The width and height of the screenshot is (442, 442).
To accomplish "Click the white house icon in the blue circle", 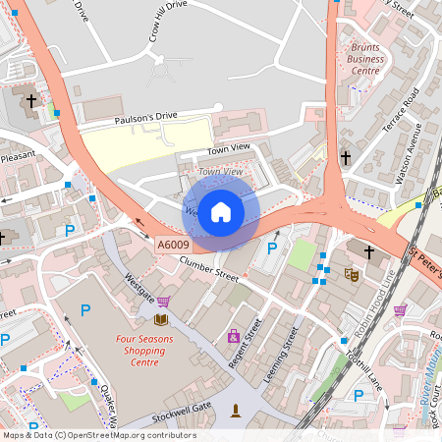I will pyautogui.click(x=221, y=211).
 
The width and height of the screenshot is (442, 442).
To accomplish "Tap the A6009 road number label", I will pyautogui.click(x=172, y=244).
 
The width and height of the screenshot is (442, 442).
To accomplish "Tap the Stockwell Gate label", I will pyautogui.click(x=188, y=406).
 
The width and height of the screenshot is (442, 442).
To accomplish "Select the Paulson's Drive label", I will pyautogui.click(x=145, y=117).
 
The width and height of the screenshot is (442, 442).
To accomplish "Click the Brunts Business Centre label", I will pyautogui.click(x=365, y=58).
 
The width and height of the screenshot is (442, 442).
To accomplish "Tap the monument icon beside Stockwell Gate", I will pyautogui.click(x=236, y=410).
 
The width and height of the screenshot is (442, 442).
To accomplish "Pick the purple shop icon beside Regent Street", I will pyautogui.click(x=234, y=337).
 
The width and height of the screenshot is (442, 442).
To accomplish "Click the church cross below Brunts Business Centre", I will pyautogui.click(x=345, y=157).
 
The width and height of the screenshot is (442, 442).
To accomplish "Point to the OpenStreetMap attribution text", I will pyautogui.click(x=98, y=435).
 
